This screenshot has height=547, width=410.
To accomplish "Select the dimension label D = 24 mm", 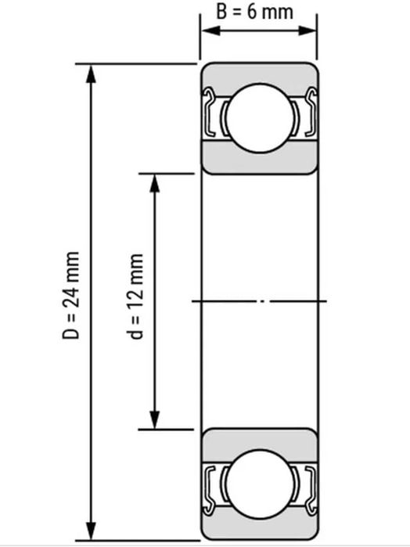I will (71, 297).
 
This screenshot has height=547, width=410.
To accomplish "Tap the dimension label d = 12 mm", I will (136, 297).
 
